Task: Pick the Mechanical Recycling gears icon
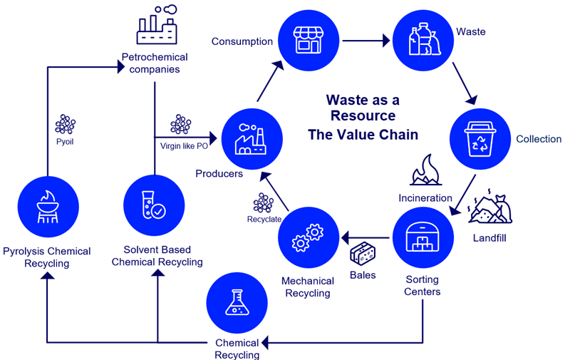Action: point(308,238)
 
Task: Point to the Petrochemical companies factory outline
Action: point(155,25)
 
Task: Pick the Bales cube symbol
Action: point(363,252)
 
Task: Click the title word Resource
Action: point(362,115)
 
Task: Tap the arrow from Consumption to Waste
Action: point(367,40)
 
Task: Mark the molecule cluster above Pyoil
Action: point(66,124)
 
